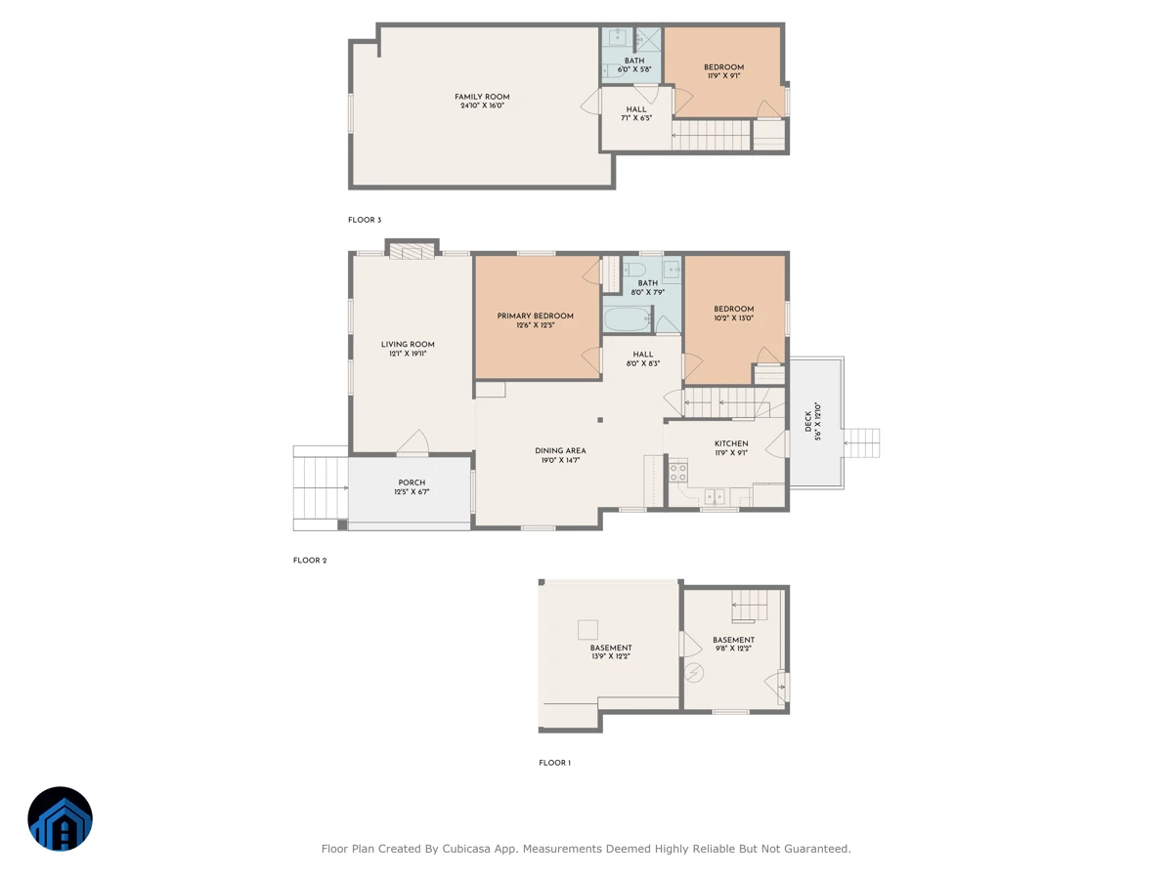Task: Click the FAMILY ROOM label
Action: [x=482, y=97]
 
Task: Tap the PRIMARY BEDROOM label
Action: [x=535, y=315]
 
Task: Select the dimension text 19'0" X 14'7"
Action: [x=560, y=460]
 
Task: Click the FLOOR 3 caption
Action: [x=365, y=220]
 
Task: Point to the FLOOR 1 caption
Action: [x=554, y=763]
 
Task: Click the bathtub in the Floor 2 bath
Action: [x=628, y=319]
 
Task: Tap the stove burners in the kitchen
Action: [x=678, y=473]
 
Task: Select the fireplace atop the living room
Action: [x=412, y=251]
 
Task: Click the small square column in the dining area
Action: [x=600, y=420]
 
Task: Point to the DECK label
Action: [x=808, y=421]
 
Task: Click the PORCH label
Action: [x=412, y=482]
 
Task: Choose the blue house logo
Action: [x=60, y=818]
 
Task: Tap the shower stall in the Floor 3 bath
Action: [x=648, y=39]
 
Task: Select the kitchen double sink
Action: [x=715, y=497]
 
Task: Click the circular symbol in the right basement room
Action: [x=694, y=673]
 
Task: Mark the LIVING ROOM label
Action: [x=408, y=344]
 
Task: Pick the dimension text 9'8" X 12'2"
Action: [x=733, y=649]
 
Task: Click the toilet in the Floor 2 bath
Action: [x=634, y=269]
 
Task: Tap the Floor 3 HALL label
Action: [x=636, y=109]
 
